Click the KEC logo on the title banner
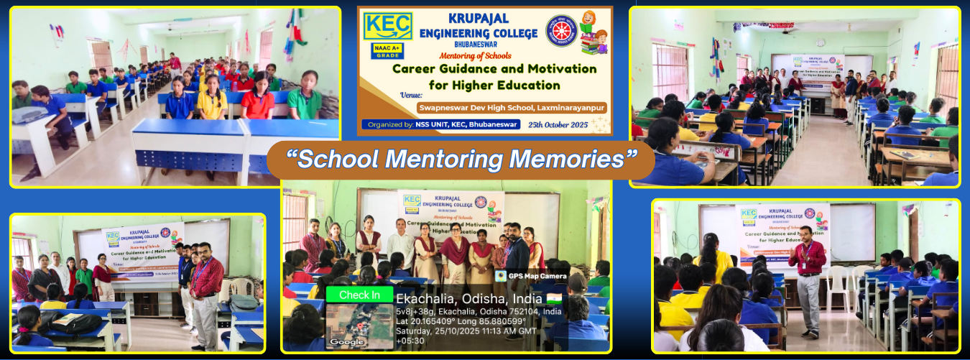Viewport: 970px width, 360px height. tap(388, 26)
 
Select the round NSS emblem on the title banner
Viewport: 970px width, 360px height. tap(561, 30)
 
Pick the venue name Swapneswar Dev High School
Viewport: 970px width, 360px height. tap(511, 107)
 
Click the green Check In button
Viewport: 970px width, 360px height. tap(359, 295)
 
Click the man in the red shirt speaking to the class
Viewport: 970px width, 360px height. tap(808, 277)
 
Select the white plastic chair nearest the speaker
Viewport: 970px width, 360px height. tap(838, 287)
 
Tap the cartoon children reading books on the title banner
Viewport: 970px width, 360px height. tap(591, 32)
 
